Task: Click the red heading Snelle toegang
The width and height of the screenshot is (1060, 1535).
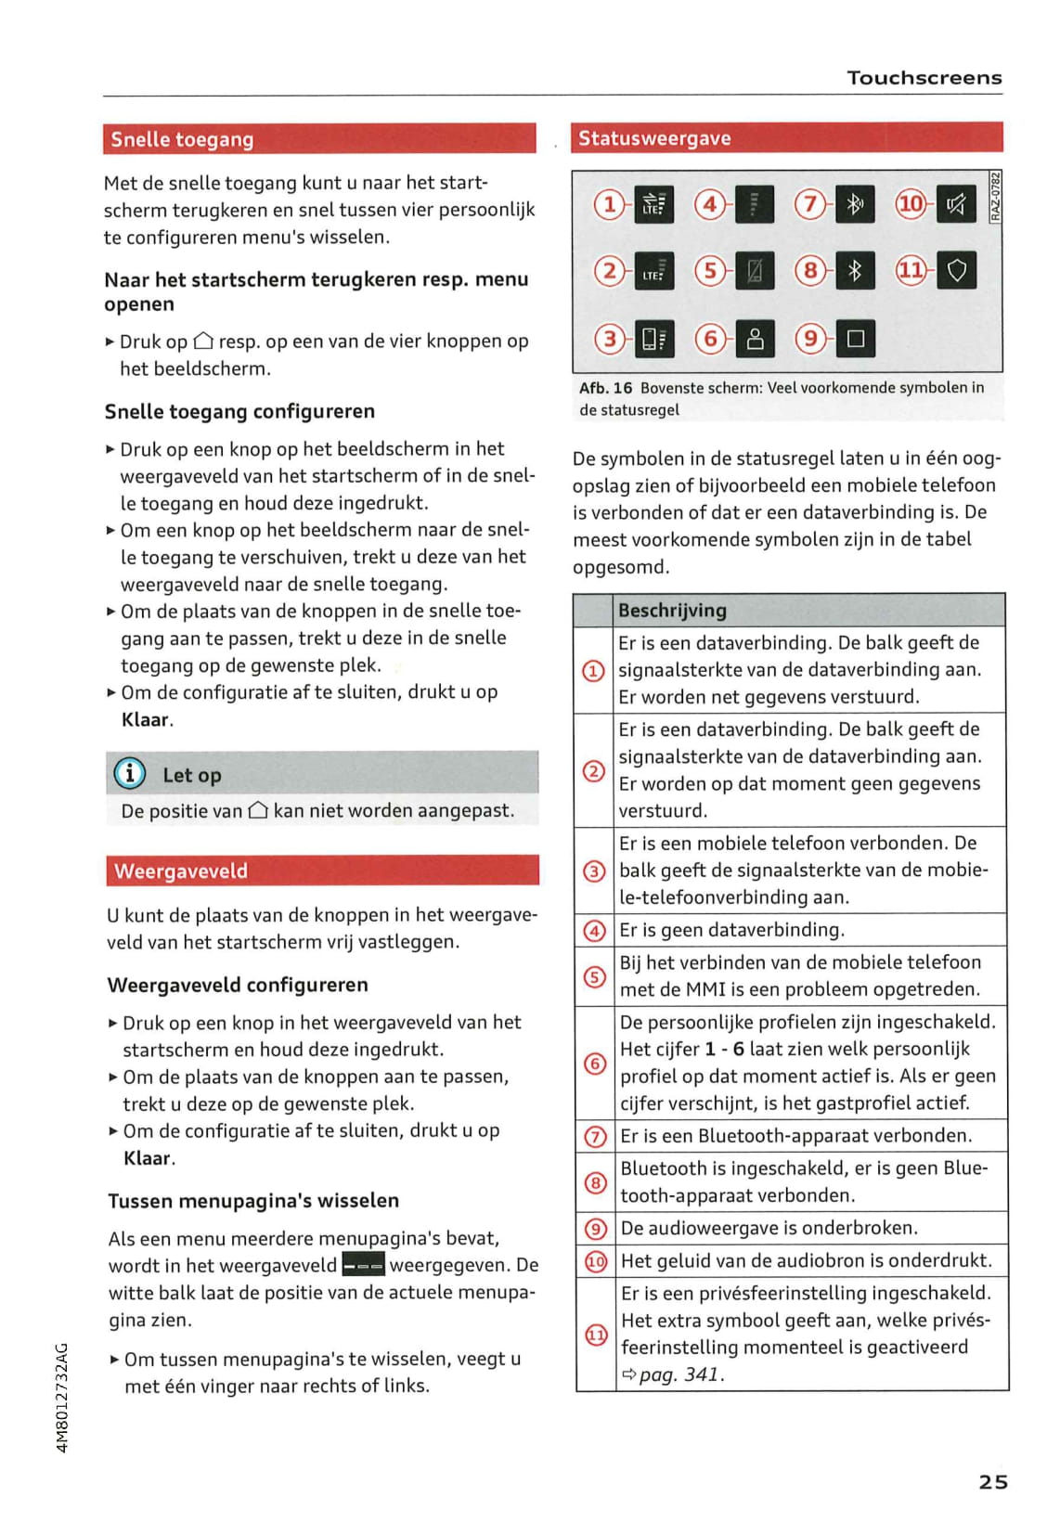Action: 182,139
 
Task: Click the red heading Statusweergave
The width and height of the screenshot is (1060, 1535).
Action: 654,138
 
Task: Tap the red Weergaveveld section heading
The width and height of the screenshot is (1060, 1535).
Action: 181,871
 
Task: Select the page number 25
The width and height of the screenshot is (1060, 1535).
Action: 993,1481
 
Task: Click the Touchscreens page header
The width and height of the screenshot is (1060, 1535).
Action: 924,78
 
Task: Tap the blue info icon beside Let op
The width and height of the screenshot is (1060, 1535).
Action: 130,773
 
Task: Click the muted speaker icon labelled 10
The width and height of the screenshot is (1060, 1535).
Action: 956,203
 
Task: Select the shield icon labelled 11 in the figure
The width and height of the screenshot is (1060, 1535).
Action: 956,271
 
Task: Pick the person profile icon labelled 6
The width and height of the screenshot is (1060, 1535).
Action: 755,339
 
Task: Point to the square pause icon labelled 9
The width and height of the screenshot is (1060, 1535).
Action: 855,339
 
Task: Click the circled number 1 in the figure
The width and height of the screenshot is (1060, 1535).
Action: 609,203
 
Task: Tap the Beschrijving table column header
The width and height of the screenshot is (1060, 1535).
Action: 672,610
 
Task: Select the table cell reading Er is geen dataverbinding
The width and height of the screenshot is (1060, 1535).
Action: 731,930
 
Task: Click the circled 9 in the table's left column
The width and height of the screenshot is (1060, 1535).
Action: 595,1229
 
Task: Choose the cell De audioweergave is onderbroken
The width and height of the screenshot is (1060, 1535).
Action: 769,1228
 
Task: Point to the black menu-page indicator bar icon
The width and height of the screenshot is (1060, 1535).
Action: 363,1265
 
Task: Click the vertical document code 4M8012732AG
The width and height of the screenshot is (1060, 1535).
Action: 62,1397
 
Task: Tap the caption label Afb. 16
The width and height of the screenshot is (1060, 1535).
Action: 605,388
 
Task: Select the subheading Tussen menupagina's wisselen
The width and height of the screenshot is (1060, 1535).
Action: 253,1200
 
